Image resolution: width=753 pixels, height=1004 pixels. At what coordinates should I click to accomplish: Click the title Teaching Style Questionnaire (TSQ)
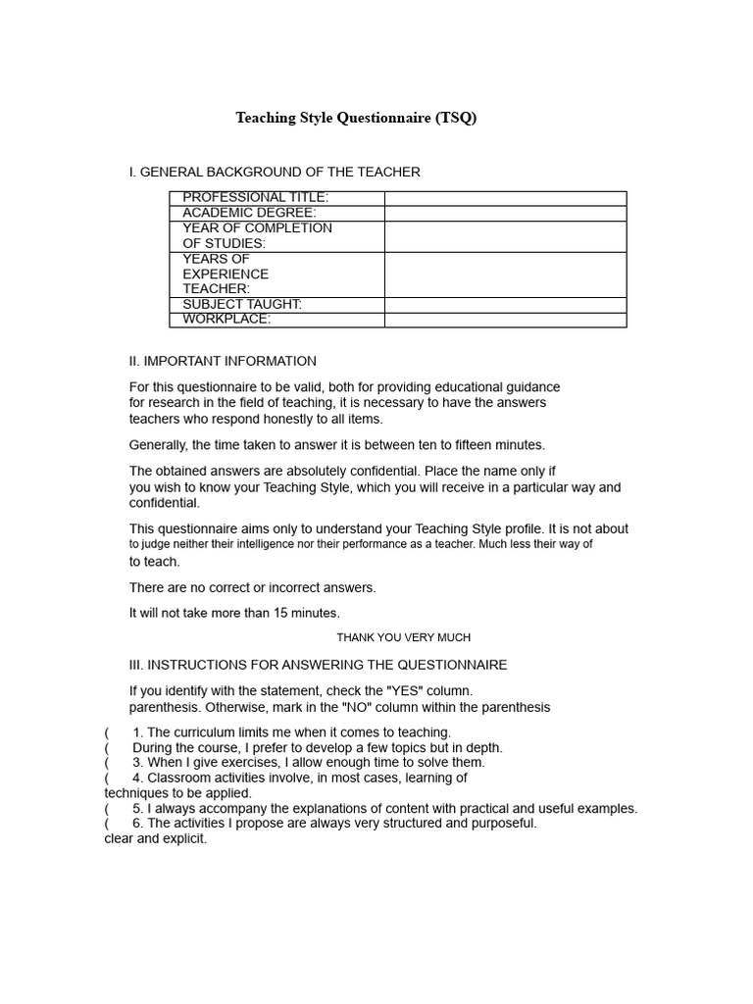click(356, 119)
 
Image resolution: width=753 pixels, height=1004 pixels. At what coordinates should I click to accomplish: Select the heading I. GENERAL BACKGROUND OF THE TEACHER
click(275, 173)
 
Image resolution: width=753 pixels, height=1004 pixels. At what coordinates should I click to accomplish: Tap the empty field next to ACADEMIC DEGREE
click(505, 214)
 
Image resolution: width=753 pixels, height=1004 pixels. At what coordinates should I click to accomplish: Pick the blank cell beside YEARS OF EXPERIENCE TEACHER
click(505, 275)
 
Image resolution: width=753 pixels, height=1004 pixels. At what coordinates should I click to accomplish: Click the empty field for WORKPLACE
click(505, 320)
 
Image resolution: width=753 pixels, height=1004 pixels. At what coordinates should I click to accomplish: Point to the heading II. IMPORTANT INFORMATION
click(223, 361)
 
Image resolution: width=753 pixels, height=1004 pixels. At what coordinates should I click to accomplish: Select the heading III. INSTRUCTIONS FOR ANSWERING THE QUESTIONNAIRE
click(318, 665)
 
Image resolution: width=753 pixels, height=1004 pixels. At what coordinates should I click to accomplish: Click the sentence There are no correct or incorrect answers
click(252, 588)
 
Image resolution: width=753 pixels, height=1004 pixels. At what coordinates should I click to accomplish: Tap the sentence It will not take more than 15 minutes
click(234, 614)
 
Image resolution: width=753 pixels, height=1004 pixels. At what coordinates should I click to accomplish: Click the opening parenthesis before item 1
click(107, 732)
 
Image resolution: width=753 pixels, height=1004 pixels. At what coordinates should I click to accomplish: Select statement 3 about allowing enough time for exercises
click(308, 763)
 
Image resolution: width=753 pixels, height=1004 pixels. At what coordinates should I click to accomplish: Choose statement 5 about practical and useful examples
click(384, 809)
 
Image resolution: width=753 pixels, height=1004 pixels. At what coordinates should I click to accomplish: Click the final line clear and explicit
click(156, 839)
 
